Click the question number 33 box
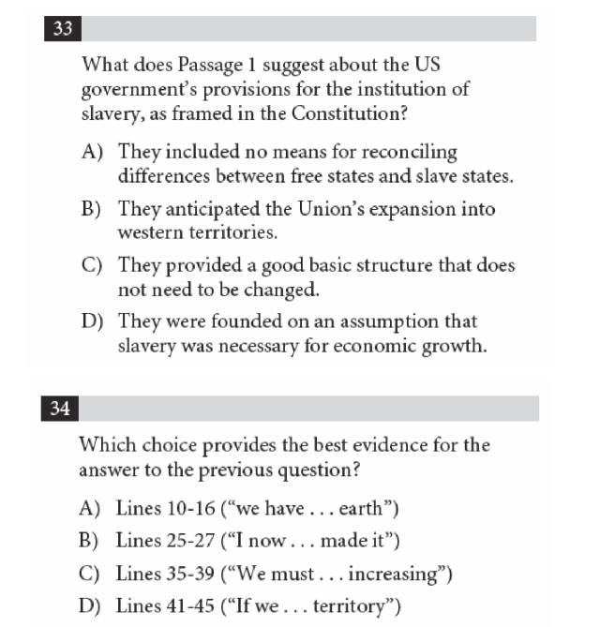pyautogui.click(x=63, y=28)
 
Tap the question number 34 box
pyautogui.click(x=61, y=409)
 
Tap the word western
pyautogui.click(x=149, y=231)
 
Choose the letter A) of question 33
pyautogui.click(x=92, y=152)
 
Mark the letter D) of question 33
pyautogui.click(x=92, y=321)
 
